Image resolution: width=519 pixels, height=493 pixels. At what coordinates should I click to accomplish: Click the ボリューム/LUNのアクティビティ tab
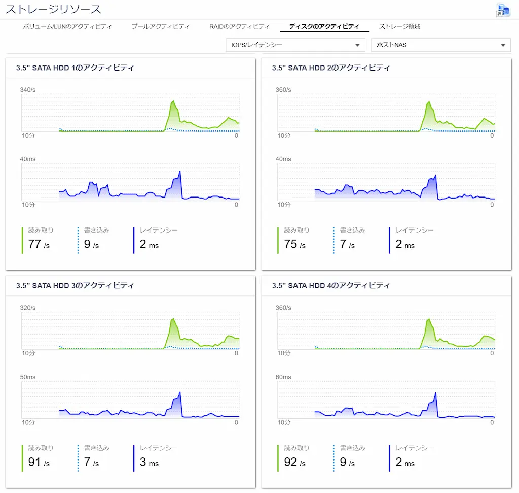[x=67, y=26]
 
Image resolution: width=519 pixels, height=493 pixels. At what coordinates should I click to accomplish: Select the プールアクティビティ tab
[x=161, y=26]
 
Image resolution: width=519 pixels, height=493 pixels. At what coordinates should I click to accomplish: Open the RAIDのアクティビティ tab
[x=239, y=26]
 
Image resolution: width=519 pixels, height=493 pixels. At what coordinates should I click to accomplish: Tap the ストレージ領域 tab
[x=399, y=26]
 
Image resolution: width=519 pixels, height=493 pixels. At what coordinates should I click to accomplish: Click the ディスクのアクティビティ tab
[x=324, y=26]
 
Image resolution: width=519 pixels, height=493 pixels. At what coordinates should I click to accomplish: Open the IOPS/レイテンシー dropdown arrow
[x=357, y=45]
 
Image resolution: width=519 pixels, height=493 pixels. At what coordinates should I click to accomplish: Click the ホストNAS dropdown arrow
[x=503, y=45]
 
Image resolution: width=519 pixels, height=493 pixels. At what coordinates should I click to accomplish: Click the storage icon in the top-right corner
[x=503, y=10]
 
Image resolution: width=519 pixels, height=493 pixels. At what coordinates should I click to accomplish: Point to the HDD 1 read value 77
[x=34, y=244]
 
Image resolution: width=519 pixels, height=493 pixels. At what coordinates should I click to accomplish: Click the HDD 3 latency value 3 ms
[x=149, y=462]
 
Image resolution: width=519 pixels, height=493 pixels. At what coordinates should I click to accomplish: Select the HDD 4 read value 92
[x=290, y=462]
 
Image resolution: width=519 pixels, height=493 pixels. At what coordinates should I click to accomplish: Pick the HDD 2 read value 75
[x=290, y=244]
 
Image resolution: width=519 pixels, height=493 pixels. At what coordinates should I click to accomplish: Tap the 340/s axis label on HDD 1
[x=28, y=90]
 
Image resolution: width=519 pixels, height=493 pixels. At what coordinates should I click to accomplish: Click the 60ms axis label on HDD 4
[x=283, y=377]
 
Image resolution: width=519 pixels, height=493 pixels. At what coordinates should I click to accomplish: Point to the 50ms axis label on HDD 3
[x=28, y=377]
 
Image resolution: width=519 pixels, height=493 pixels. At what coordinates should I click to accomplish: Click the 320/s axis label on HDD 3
[x=28, y=308]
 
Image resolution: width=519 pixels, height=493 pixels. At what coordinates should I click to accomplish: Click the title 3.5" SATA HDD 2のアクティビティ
[x=331, y=68]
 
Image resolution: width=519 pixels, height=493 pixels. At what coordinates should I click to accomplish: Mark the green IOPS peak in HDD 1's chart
[x=173, y=101]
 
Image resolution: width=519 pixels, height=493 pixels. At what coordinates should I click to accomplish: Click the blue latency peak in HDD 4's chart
[x=435, y=393]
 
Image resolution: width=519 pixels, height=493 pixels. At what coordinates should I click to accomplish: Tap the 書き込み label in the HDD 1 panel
[x=97, y=230]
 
